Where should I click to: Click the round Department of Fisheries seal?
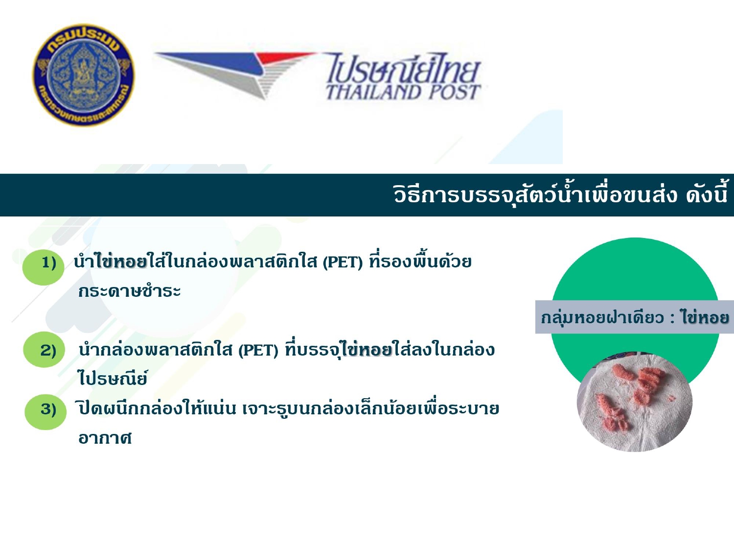tap(84, 75)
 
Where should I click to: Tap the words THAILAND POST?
tap(403, 92)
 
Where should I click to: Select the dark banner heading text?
tap(560, 193)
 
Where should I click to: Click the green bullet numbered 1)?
tap(44, 266)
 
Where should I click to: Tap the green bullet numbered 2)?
tap(44, 350)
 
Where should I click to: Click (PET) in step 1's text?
tap(343, 263)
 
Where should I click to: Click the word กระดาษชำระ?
tap(129, 291)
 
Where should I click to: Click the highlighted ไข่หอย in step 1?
tap(121, 262)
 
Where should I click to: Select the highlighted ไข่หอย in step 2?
tap(366, 350)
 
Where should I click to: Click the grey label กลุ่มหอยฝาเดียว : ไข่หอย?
tap(634, 317)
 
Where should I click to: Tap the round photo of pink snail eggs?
tap(634, 402)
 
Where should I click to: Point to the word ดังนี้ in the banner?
tap(707, 194)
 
